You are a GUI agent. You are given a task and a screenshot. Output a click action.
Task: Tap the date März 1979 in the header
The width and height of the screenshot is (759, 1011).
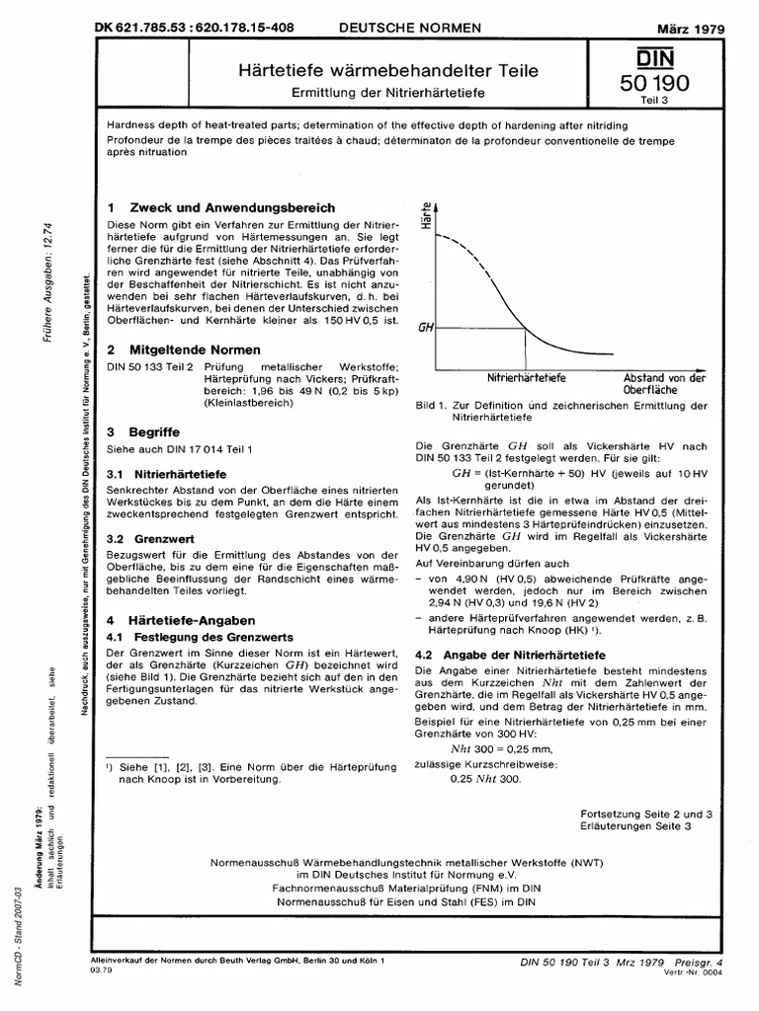(692, 30)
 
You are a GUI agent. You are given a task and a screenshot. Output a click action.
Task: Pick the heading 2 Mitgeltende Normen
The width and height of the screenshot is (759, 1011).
(183, 350)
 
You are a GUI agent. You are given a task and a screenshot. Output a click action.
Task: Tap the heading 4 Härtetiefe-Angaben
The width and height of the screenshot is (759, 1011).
(180, 619)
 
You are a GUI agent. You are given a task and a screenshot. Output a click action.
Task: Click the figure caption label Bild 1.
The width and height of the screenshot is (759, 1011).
(430, 406)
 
